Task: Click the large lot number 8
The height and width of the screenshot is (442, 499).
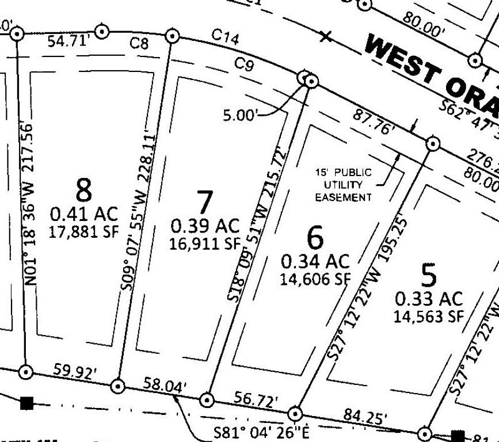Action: [84, 188]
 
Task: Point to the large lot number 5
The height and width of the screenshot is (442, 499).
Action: [429, 276]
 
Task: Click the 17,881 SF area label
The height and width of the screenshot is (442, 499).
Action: [84, 233]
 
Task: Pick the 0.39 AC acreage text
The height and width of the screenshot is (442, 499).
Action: [205, 226]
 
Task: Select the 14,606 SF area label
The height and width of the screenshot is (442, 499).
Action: [315, 279]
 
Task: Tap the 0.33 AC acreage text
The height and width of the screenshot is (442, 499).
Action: [429, 299]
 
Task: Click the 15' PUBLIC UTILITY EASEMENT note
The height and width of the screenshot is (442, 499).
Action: [343, 185]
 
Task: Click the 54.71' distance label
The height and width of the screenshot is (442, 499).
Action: [68, 41]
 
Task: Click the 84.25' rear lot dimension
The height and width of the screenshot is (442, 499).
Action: [365, 415]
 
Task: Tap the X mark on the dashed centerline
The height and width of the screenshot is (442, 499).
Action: [326, 37]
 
